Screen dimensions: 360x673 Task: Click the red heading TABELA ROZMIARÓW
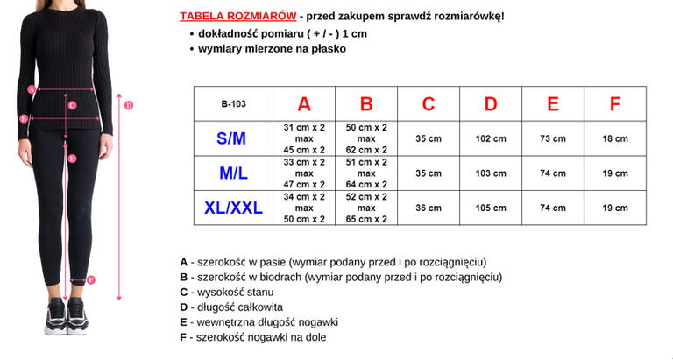tap(236, 16)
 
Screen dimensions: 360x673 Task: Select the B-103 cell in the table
tap(233, 104)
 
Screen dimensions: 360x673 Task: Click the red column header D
tap(491, 104)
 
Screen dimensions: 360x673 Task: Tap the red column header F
tap(615, 104)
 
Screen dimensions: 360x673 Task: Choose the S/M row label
tap(231, 138)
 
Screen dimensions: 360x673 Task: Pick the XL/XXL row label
tap(232, 208)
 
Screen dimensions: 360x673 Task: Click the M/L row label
tap(233, 173)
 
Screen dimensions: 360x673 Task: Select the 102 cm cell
tap(491, 138)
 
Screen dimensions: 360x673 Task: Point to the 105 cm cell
tap(491, 208)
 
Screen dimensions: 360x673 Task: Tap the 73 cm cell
tap(552, 138)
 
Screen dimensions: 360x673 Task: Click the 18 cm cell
tap(615, 138)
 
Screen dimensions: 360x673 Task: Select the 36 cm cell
tap(429, 208)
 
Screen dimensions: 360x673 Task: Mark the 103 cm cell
tap(491, 173)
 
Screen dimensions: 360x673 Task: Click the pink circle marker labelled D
tap(128, 106)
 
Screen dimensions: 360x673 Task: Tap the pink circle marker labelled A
tap(32, 88)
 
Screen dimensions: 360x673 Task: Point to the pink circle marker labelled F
tap(91, 280)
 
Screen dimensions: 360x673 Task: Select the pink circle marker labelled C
tap(72, 105)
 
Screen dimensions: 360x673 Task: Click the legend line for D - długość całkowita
tap(231, 307)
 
